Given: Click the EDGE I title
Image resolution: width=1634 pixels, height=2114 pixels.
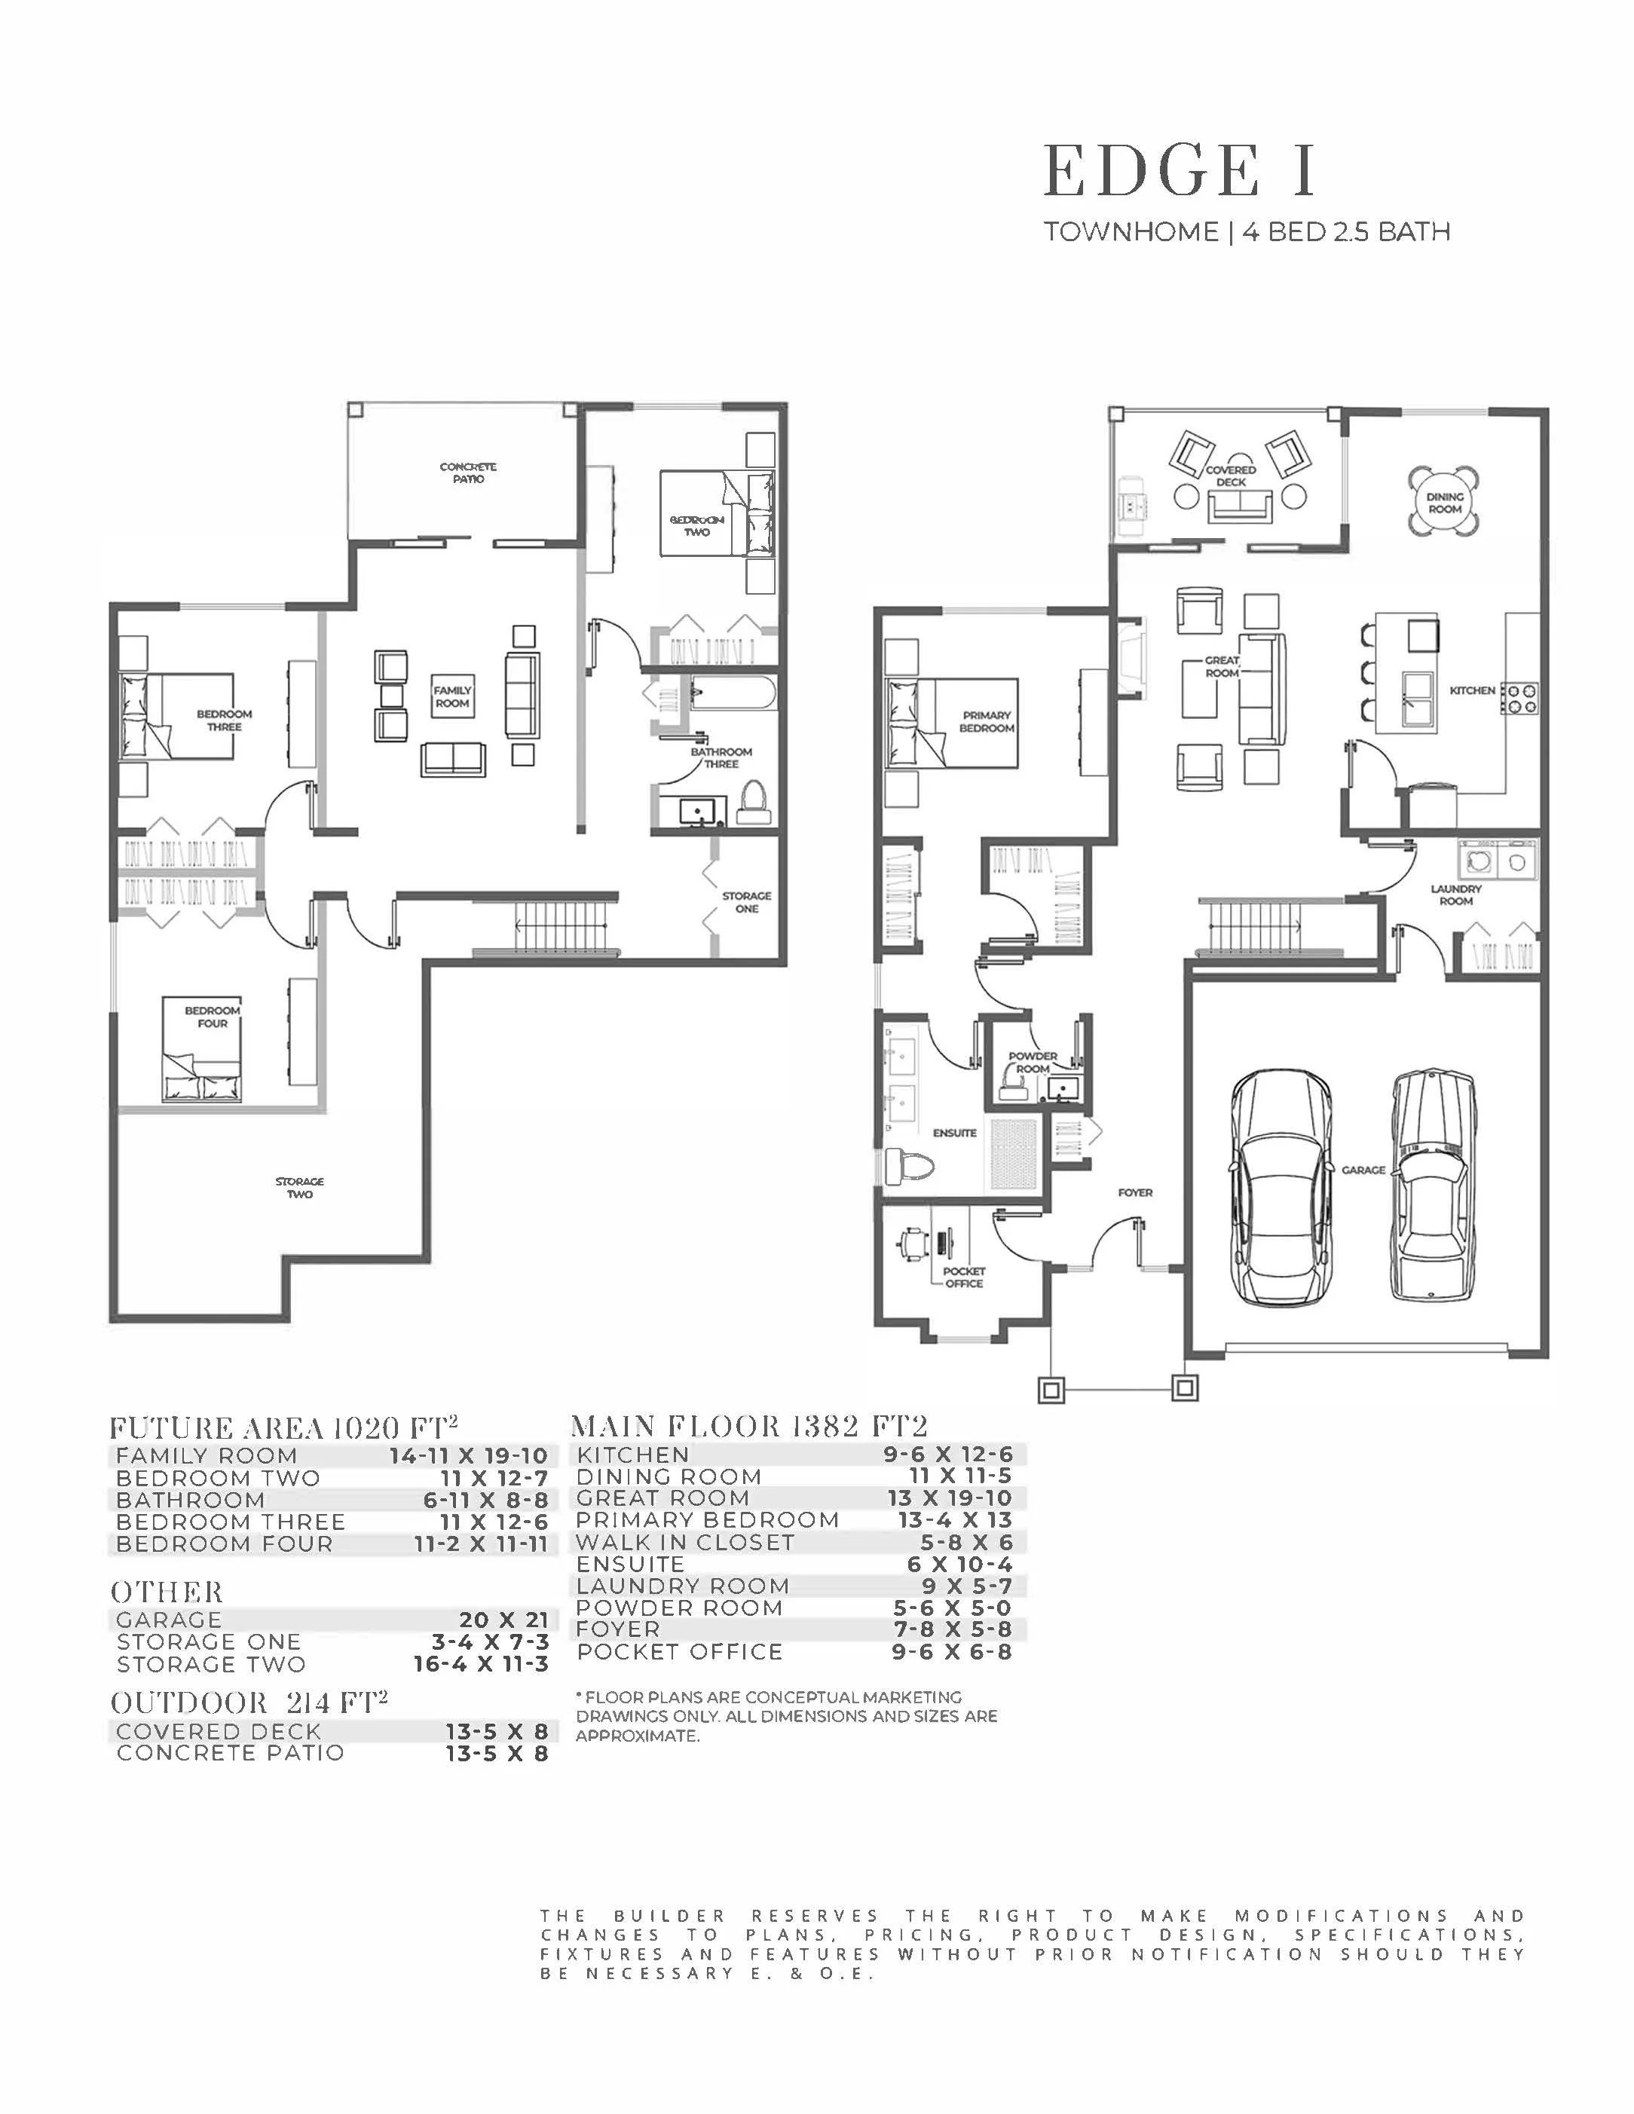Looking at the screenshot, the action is click(x=1179, y=170).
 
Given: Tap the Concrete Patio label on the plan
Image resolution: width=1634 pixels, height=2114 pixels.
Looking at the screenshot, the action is click(x=469, y=473).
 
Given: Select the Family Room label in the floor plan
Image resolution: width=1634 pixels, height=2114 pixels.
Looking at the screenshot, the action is click(x=452, y=697).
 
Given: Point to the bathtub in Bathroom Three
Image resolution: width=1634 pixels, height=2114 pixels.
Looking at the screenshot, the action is click(x=732, y=695).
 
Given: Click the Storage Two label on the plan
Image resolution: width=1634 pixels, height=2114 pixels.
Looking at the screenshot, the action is click(x=299, y=1188).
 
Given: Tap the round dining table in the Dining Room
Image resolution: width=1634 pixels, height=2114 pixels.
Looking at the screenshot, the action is click(x=1444, y=501).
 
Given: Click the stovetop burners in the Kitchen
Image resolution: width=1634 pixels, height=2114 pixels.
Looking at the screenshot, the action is click(x=1519, y=698).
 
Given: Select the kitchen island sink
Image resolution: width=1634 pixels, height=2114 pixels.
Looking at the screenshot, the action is click(x=1419, y=698).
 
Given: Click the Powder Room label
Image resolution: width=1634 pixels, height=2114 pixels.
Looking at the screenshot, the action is click(x=1033, y=1062).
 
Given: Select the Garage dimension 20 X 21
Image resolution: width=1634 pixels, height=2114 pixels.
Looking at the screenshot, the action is click(x=503, y=1620).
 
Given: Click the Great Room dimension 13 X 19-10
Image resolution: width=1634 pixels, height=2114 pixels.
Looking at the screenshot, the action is click(x=950, y=1498).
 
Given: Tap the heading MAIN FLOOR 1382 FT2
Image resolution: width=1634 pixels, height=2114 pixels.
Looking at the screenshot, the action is click(x=749, y=1426).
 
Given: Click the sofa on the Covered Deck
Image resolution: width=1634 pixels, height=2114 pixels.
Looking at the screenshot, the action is click(x=1241, y=505).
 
